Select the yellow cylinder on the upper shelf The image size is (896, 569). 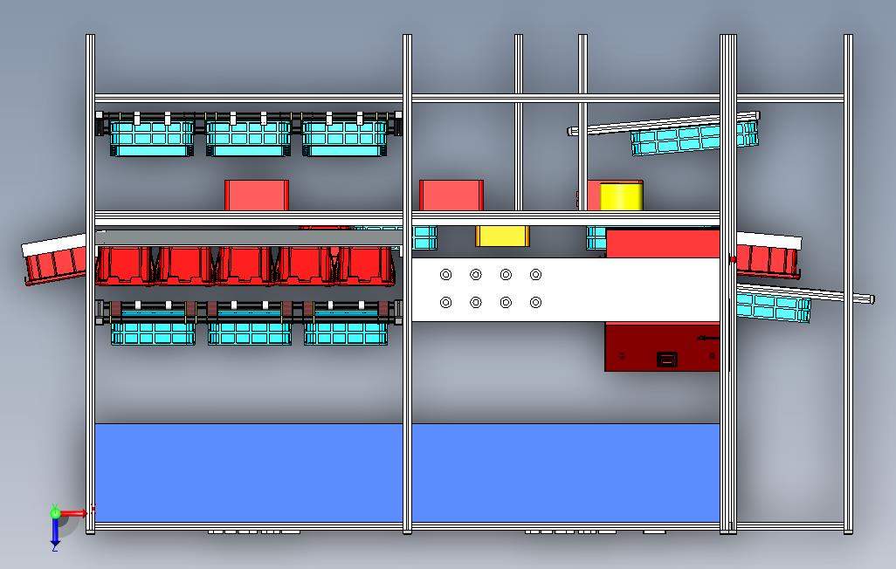click(621, 196)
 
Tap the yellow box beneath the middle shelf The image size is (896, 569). click(501, 236)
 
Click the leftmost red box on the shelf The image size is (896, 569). click(257, 195)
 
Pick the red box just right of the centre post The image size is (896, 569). click(451, 195)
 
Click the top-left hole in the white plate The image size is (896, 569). click(446, 275)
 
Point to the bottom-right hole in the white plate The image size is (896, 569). click(536, 303)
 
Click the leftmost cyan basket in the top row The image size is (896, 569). click(152, 138)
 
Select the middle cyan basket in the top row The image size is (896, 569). click(248, 138)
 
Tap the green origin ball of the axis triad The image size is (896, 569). click(56, 513)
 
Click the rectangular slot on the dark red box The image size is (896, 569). click(667, 358)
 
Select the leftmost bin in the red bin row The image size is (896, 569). click(123, 265)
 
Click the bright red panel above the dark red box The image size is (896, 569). click(662, 243)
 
